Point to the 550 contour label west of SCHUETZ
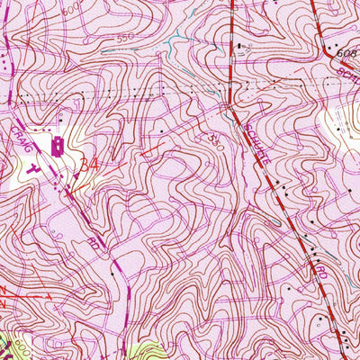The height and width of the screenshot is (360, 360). tap(215, 141)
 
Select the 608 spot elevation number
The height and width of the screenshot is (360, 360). tap(347, 55)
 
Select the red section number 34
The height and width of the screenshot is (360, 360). tap(88, 165)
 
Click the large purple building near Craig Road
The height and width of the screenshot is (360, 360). tap(56, 146)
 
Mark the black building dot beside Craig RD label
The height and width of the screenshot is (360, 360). tap(112, 269)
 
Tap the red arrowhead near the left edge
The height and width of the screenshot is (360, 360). tap(45, 294)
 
